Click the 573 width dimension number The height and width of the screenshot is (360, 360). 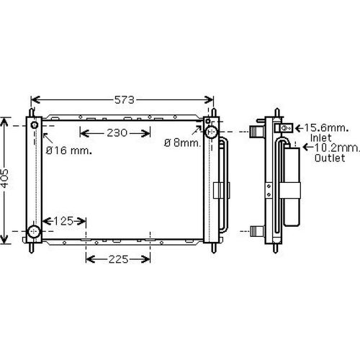122,99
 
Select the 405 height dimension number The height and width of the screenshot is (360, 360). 6,179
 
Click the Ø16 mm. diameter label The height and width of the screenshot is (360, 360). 68,150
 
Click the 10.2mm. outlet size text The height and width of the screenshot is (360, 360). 337,147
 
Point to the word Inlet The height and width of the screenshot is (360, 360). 321,137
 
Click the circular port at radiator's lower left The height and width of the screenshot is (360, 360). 34,232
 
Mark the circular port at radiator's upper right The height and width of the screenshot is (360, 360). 212,132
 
